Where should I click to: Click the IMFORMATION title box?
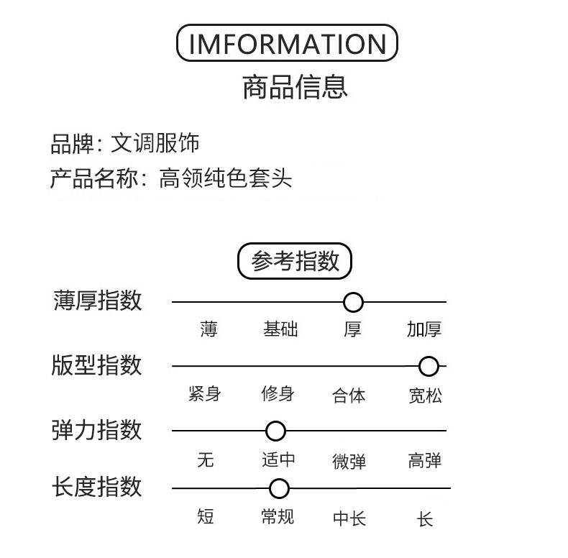[x=287, y=44]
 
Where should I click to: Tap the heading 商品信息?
[x=295, y=86]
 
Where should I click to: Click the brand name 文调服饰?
[x=155, y=143]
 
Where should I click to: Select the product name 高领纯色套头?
[x=226, y=178]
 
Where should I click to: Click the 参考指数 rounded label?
[x=295, y=261]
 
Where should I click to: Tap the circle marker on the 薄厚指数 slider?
[x=353, y=302]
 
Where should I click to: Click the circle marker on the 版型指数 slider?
[x=429, y=367]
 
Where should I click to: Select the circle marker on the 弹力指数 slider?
[x=275, y=431]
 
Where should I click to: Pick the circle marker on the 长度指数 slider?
[x=279, y=489]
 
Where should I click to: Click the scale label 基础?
[x=280, y=329]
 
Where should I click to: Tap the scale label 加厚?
[x=424, y=329]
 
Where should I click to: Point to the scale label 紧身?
[x=205, y=394]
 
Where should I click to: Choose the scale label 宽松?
[x=426, y=395]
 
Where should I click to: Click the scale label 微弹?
[x=349, y=461]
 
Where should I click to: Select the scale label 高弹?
[x=425, y=460]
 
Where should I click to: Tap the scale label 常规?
[x=278, y=516]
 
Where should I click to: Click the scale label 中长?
[x=349, y=518]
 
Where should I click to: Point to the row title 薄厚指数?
[x=98, y=301]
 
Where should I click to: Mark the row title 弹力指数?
[x=98, y=430]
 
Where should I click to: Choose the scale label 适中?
[x=278, y=459]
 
